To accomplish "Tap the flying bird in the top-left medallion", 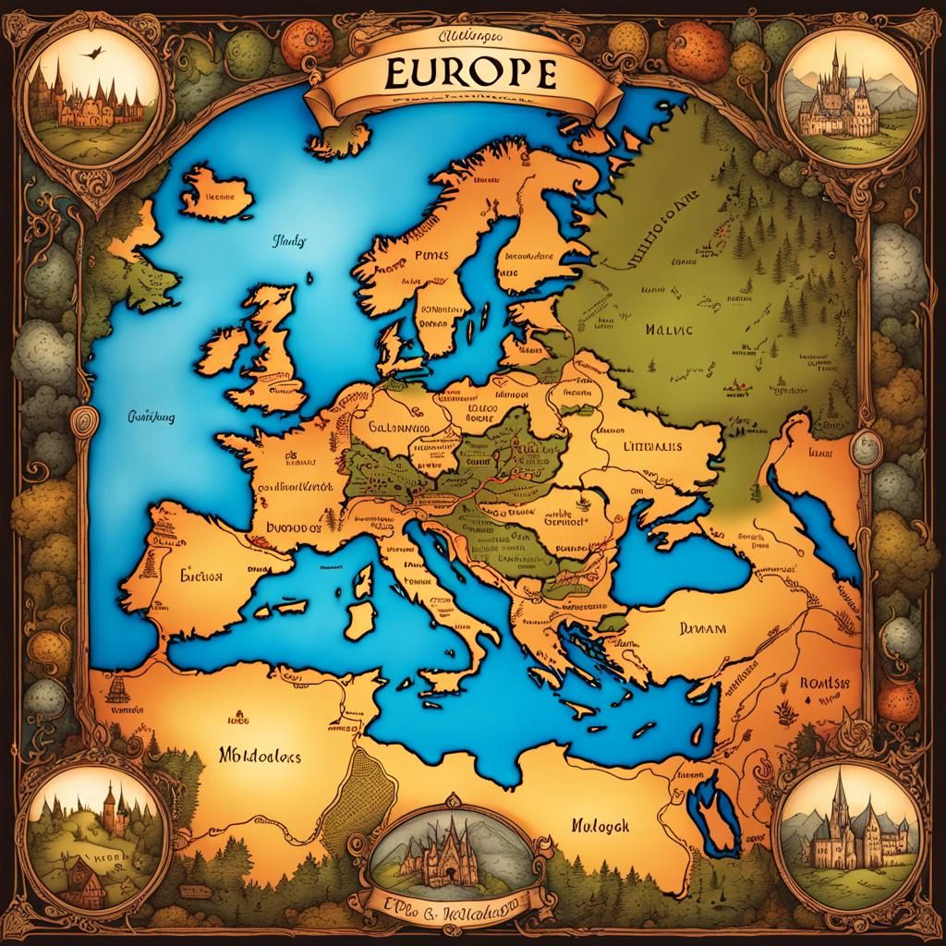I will click(91, 55).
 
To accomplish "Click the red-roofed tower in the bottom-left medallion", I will click(110, 802).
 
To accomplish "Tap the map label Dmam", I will click(703, 627).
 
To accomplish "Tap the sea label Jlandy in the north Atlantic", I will click(289, 242).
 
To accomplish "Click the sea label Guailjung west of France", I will click(150, 417).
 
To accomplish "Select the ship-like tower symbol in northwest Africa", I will click(118, 687).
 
